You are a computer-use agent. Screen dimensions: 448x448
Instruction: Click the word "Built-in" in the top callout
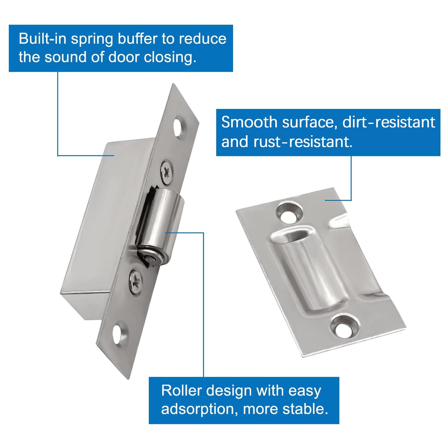(x=43, y=39)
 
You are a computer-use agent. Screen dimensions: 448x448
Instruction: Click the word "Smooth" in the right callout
(x=249, y=122)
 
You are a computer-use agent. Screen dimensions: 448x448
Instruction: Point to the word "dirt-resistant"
(x=389, y=122)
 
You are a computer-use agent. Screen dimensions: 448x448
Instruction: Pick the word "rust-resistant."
(x=303, y=142)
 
